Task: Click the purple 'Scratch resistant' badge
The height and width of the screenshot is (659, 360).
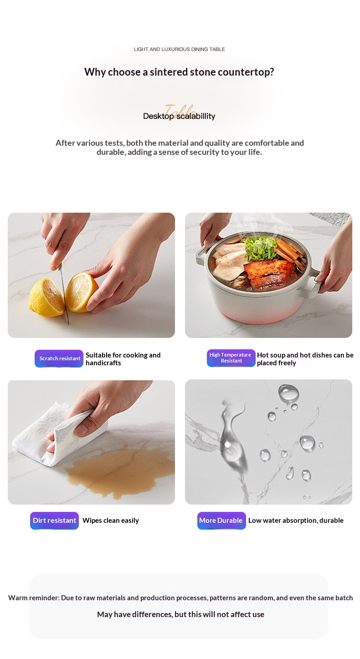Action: tap(59, 358)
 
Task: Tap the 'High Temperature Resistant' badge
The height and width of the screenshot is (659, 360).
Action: tap(231, 358)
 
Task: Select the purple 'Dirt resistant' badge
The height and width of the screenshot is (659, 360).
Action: tap(55, 521)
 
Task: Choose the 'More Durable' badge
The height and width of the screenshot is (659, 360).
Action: tap(221, 521)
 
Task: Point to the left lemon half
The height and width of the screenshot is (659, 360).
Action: tap(46, 297)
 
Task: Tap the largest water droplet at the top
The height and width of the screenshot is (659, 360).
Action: tap(288, 393)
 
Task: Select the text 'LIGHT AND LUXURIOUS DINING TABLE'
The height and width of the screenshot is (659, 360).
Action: tap(179, 49)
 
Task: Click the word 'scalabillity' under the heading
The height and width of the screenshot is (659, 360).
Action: tap(196, 116)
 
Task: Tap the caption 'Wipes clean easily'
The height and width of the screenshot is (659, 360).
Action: tap(111, 521)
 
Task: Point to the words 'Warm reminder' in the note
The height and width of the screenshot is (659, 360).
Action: tap(34, 598)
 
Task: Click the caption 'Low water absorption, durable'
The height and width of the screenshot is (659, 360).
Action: tap(296, 521)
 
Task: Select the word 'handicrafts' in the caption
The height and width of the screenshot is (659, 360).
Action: tap(103, 363)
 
